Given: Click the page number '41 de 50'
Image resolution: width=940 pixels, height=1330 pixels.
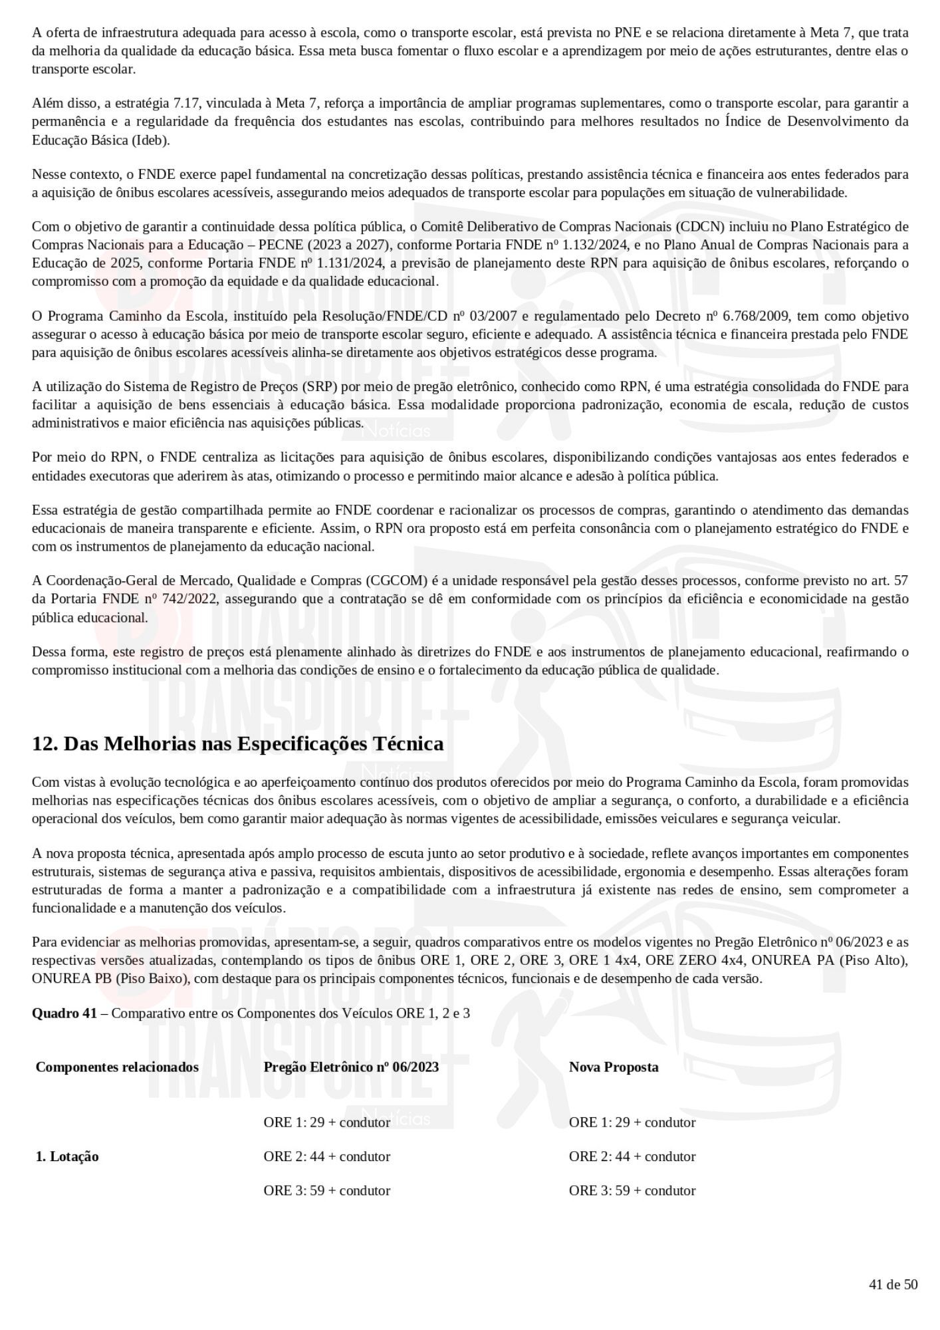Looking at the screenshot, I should (x=893, y=1284).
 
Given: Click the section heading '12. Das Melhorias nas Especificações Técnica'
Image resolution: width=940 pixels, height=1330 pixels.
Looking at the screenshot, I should (x=237, y=743).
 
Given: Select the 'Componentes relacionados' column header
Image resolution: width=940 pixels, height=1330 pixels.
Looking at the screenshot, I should (x=117, y=1067).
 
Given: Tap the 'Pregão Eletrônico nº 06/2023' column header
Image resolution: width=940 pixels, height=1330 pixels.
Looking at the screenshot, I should (x=351, y=1067).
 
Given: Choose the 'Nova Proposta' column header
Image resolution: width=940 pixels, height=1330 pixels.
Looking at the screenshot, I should (x=614, y=1067).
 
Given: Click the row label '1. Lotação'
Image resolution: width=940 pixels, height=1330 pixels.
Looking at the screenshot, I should (x=67, y=1156).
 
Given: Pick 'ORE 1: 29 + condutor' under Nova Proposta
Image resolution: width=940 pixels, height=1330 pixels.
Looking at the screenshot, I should (x=632, y=1123).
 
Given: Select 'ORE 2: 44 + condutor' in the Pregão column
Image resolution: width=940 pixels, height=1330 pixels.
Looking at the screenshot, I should (x=326, y=1156).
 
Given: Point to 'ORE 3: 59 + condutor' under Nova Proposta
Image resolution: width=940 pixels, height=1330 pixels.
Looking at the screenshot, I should (x=632, y=1190).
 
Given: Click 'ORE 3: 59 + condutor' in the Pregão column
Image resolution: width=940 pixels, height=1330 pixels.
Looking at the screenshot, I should (x=326, y=1190).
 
